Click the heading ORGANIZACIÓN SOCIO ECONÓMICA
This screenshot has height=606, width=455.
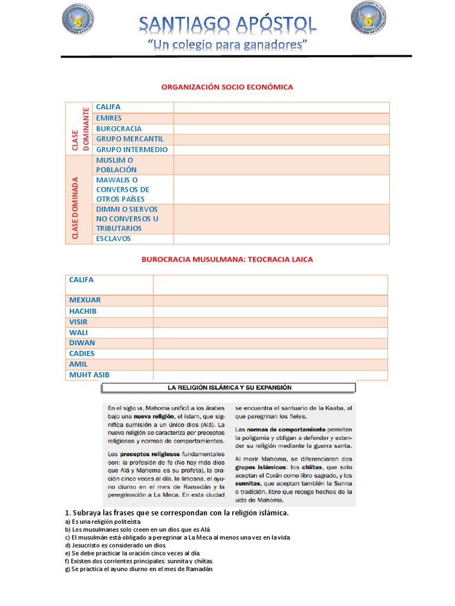click(227, 87)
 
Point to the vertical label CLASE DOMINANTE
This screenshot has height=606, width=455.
click(79, 128)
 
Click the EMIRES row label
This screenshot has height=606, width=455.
click(109, 118)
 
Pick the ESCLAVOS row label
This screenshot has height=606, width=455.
click(113, 238)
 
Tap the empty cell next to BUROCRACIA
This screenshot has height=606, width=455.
click(281, 128)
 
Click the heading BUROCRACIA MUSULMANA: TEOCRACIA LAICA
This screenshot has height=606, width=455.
click(227, 259)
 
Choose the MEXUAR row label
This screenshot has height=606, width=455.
click(85, 300)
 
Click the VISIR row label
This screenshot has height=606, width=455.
click(78, 321)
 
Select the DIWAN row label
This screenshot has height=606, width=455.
click(82, 343)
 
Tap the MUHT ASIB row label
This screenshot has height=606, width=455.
click(89, 375)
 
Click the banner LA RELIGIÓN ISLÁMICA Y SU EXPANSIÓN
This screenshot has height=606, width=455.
click(228, 388)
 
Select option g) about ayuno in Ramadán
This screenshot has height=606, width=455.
click(138, 569)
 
